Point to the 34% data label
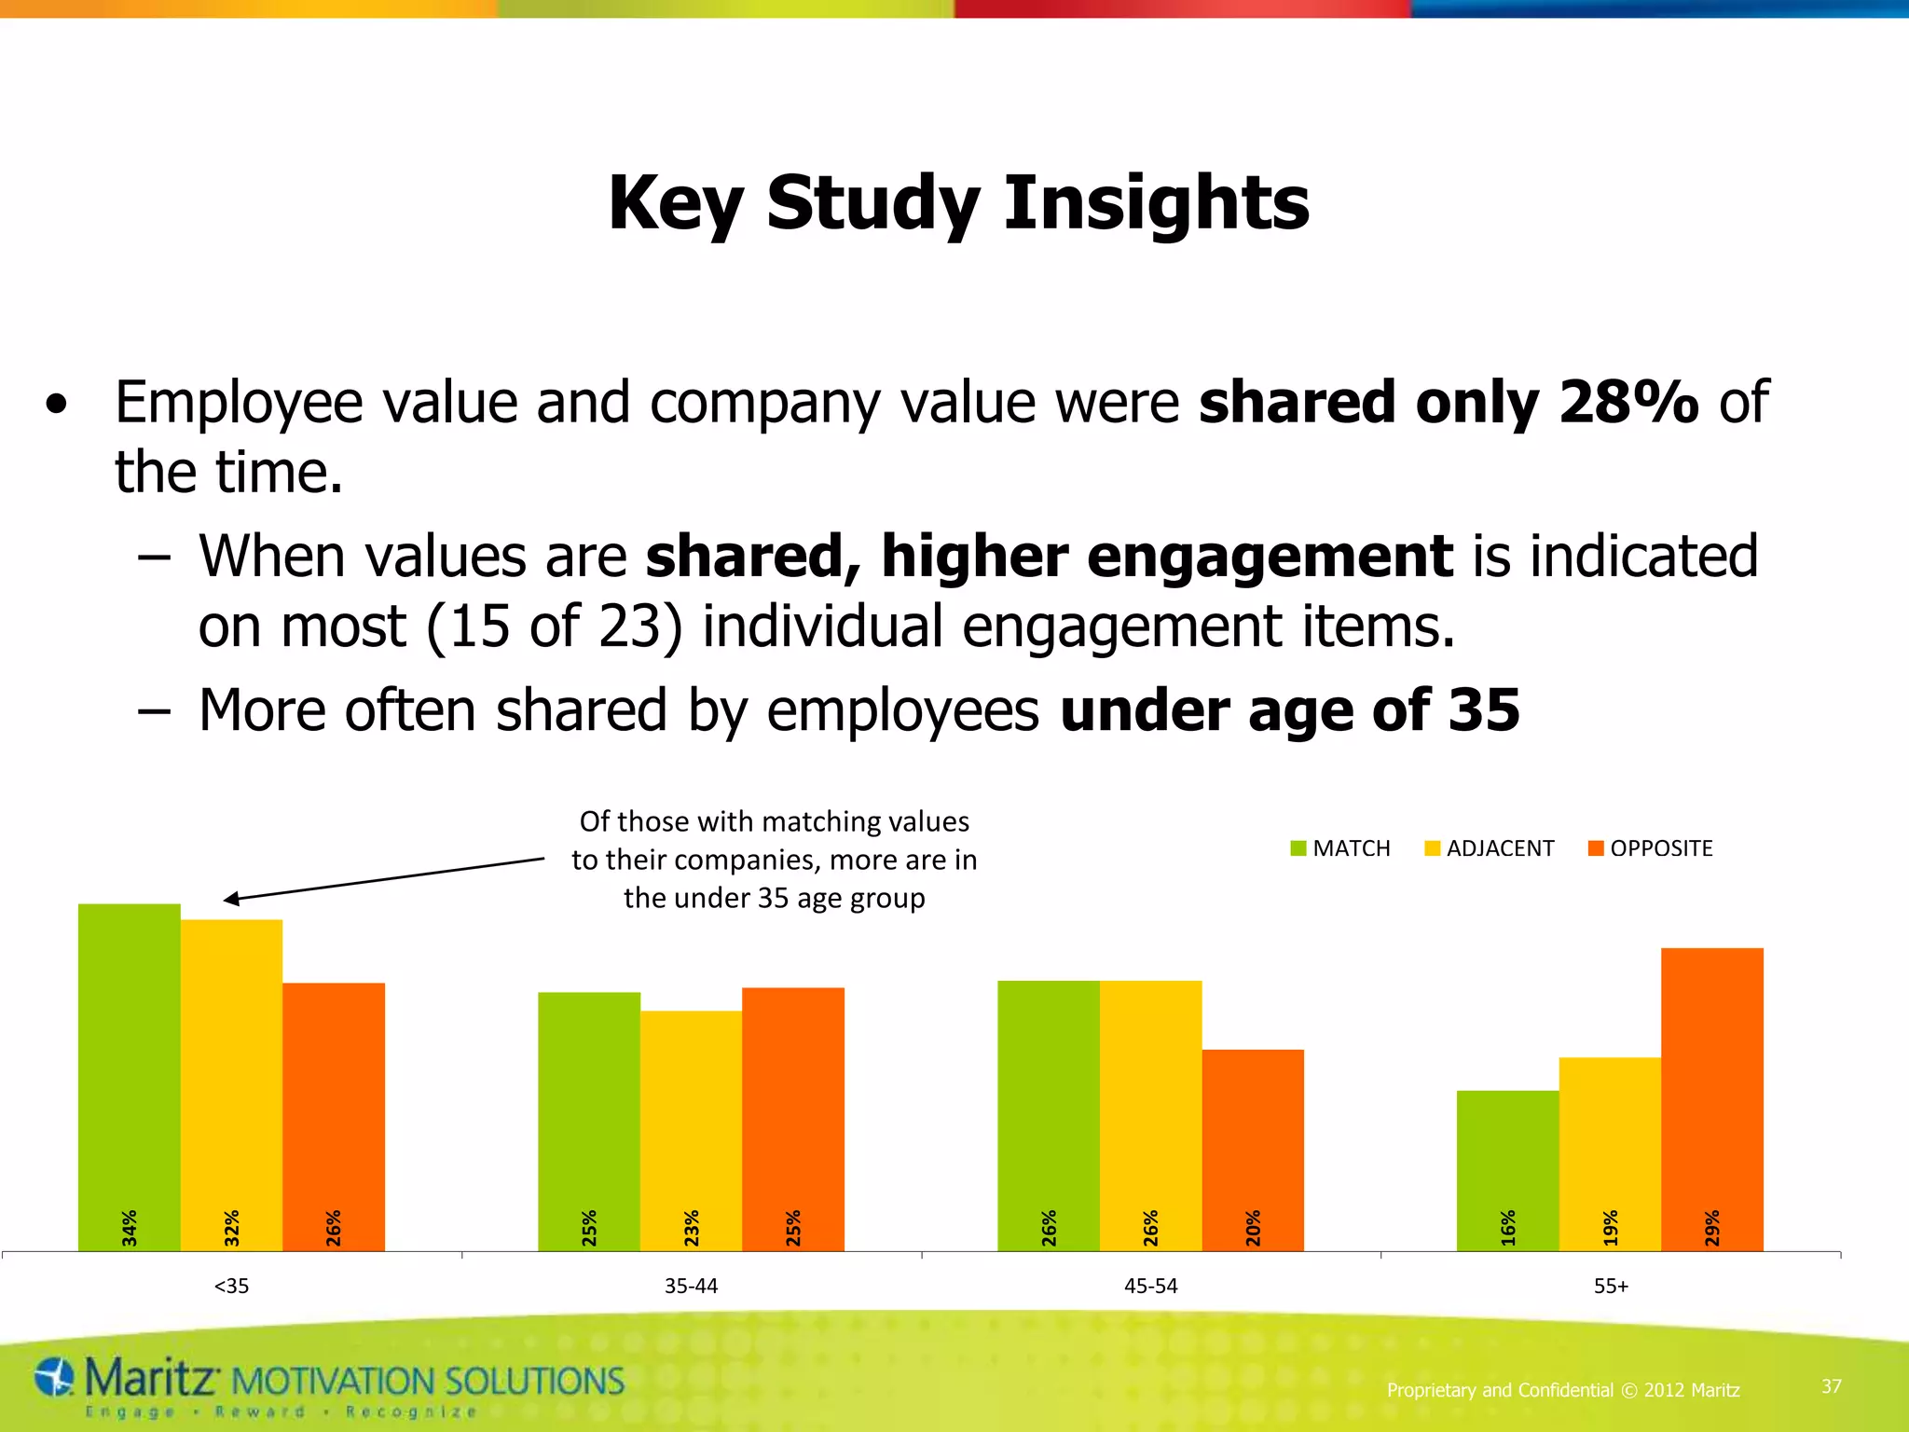point(130,1228)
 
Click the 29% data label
point(1712,1228)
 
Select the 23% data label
point(692,1228)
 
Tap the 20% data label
point(1253,1228)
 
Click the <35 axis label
point(231,1287)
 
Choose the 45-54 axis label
point(1150,1287)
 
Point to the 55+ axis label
point(1611,1287)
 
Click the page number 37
point(1831,1386)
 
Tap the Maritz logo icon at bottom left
point(54,1378)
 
